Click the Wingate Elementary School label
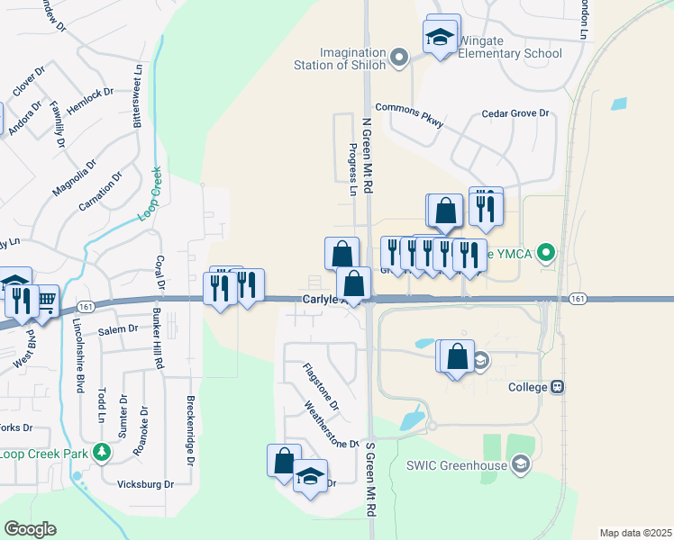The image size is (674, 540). pyautogui.click(x=510, y=47)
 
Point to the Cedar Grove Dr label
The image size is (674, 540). pyautogui.click(x=515, y=113)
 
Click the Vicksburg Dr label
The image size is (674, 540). pyautogui.click(x=145, y=483)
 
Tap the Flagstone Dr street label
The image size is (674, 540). pyautogui.click(x=320, y=386)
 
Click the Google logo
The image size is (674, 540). pyautogui.click(x=31, y=529)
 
